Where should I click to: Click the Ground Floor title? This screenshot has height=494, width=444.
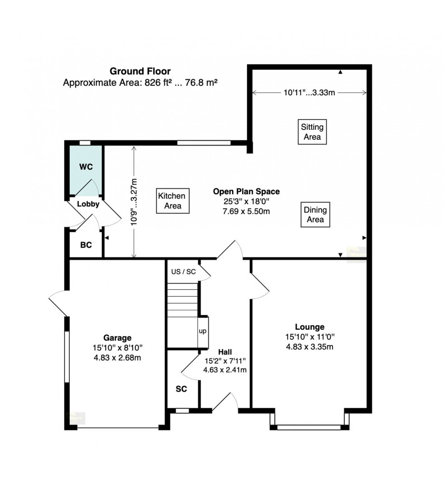point(140,72)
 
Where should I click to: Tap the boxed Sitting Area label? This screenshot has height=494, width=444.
point(312,132)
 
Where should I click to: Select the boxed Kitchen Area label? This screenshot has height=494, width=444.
point(173,201)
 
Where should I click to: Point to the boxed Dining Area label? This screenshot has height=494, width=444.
point(315,215)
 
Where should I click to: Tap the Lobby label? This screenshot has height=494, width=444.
point(88,204)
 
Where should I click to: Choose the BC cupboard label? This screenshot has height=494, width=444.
point(86,245)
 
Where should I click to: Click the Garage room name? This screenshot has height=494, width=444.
point(117,338)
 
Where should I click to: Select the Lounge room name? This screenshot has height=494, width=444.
point(309,327)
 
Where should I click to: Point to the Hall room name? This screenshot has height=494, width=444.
point(225,352)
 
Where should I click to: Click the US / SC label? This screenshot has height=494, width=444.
point(183,272)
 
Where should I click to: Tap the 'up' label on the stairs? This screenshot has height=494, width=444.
point(203,331)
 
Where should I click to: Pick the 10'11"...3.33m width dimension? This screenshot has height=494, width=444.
point(309,93)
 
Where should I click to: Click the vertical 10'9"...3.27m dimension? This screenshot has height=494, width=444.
point(134,202)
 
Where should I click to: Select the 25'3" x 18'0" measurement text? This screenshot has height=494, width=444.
point(246,201)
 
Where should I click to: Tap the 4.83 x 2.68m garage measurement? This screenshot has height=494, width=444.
point(117,358)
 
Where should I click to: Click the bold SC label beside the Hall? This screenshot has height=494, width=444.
point(181,389)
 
